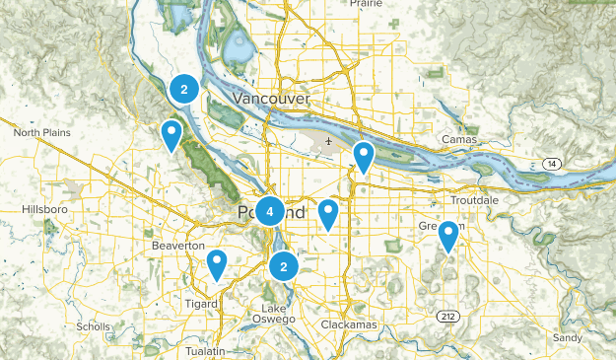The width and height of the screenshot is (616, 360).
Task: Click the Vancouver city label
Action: coord(273,100)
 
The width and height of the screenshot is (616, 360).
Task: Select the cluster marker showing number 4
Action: coord(269,210)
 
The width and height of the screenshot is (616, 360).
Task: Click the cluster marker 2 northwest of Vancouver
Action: coord(183,90)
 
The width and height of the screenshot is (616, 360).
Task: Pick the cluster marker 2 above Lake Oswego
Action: coord(284,265)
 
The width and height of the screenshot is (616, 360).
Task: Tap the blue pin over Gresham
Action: coord(448,236)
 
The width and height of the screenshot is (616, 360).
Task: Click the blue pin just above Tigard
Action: coord(217,264)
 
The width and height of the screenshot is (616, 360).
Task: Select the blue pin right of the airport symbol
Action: coord(364,156)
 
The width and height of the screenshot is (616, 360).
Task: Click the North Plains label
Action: coord(41,132)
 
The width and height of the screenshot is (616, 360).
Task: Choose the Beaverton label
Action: coord(178,245)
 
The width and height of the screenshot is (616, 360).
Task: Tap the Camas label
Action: coord(459,140)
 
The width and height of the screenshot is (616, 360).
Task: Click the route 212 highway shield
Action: coord(445,316)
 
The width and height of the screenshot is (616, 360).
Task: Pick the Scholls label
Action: coord(94,326)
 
